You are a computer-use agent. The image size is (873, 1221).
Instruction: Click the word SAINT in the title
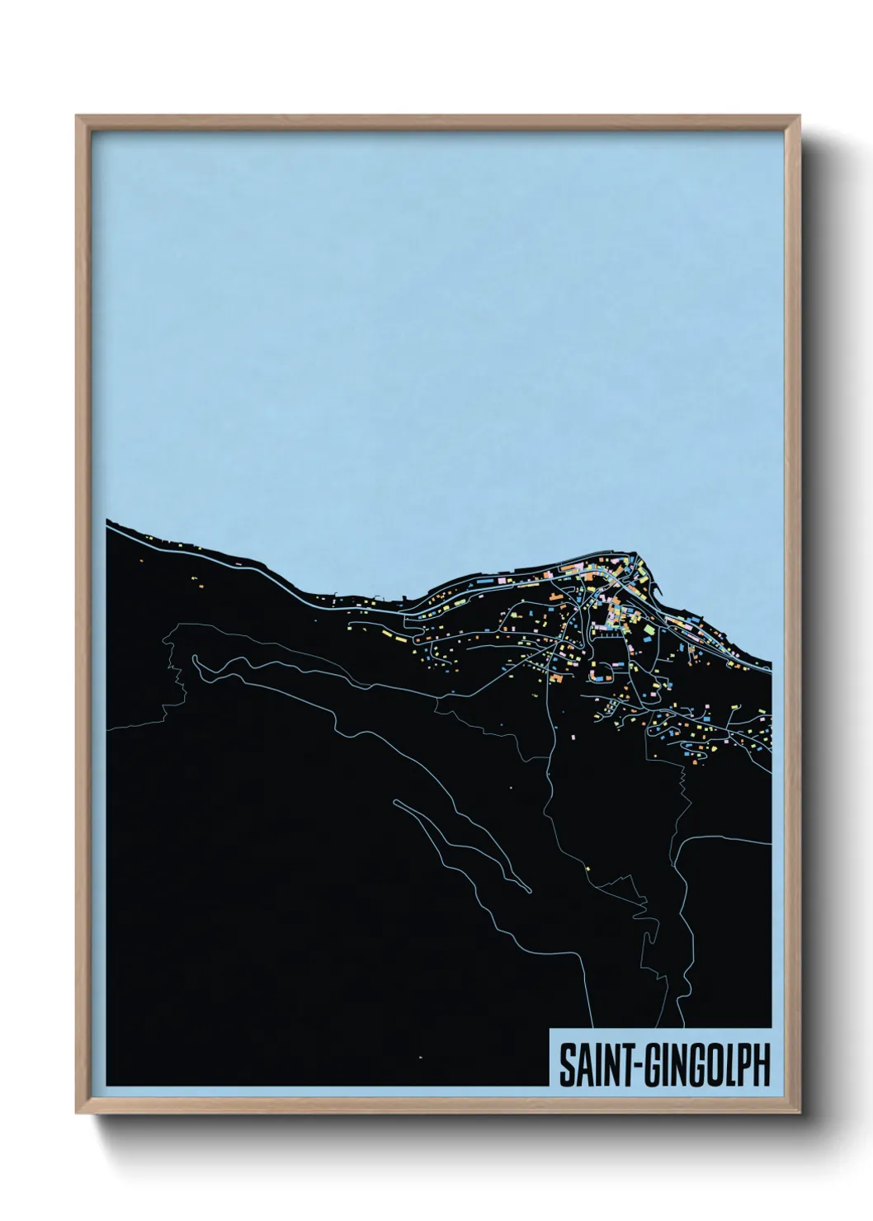pos(589,1066)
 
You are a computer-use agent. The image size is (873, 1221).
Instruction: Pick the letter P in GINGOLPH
pos(742,1066)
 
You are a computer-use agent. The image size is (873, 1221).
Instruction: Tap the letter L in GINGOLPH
pos(724,1066)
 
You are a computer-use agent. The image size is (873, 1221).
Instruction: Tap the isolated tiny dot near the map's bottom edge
pos(420,1057)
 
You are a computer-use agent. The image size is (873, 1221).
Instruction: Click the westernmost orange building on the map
pos(143,563)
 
